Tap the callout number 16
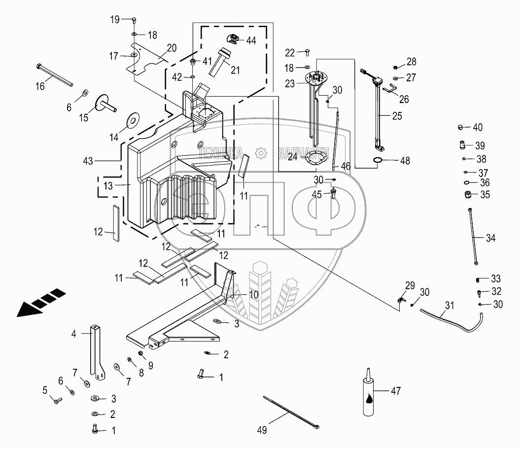(x=39, y=86)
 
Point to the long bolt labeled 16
(x=54, y=74)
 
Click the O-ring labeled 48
(x=378, y=160)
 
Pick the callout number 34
(x=490, y=238)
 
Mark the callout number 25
(x=397, y=116)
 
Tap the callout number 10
(x=253, y=295)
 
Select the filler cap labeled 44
(x=233, y=39)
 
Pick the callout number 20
(x=172, y=48)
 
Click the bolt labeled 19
(x=134, y=20)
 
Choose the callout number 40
(x=478, y=127)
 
